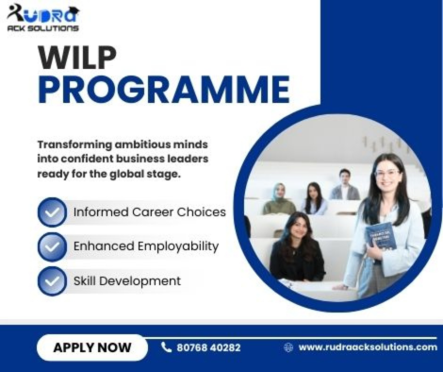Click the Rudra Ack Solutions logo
pos(43,16)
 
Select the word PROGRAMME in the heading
pos(163,90)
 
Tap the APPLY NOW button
pos(92,347)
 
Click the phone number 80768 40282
pos(208,347)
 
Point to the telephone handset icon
pos(167,347)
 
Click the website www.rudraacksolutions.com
pos(368,347)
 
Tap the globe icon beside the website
pos(288,347)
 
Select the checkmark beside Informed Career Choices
pos(52,211)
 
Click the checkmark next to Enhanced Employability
pos(52,246)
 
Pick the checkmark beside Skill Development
pos(52,280)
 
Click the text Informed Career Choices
pos(149,211)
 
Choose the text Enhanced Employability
pos(145,246)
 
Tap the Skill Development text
pos(126,280)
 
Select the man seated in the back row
pos(344,184)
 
